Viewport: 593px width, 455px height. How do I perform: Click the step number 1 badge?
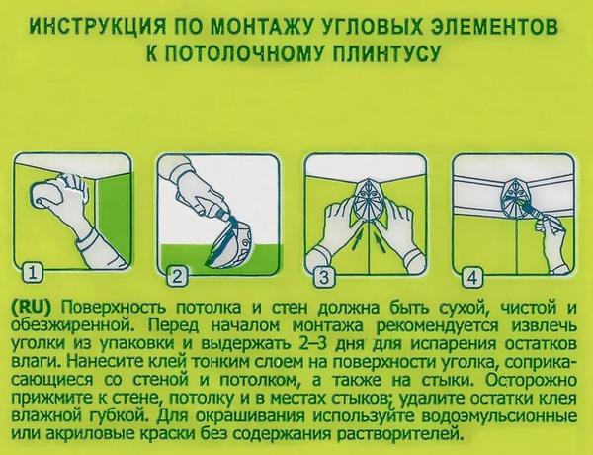(x=33, y=275)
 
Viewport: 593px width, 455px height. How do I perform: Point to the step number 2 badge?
(x=177, y=277)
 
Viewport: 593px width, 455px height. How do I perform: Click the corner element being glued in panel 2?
(x=230, y=242)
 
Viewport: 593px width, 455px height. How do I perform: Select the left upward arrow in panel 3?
(x=357, y=239)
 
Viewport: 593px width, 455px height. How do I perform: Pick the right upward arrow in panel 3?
(x=380, y=241)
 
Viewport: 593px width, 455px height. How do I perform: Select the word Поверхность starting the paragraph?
(x=114, y=308)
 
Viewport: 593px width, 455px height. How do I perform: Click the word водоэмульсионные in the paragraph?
(x=499, y=416)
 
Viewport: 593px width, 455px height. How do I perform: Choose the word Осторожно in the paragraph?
(x=532, y=381)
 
